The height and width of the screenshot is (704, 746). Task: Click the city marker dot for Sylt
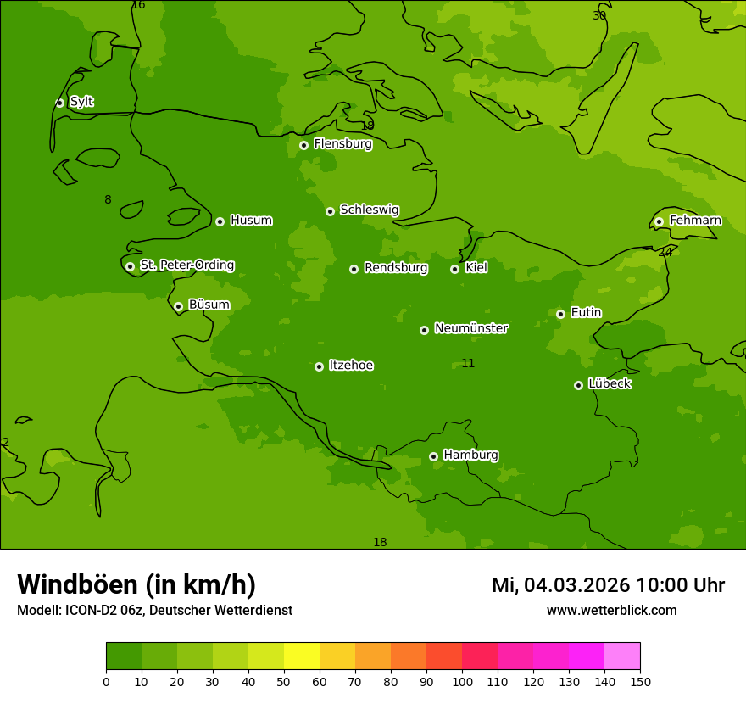pos(59,103)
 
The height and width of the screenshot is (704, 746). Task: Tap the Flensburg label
pos(342,144)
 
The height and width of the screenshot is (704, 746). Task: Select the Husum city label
pos(251,221)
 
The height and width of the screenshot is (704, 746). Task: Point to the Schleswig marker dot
pos(330,211)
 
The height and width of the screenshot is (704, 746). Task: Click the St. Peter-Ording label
pos(186,265)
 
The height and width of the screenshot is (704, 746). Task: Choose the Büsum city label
pos(209,305)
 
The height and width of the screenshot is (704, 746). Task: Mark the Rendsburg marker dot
pos(354,269)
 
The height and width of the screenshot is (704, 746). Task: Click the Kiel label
pos(476,268)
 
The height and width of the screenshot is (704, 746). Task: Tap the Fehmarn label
pos(695,221)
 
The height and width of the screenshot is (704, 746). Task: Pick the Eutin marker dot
pos(560,314)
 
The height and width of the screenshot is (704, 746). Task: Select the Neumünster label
pos(470,328)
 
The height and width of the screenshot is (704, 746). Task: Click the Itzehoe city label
pos(351,366)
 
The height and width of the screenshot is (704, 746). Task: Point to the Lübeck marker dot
pos(578,385)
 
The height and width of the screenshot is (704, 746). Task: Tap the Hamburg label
pos(470,455)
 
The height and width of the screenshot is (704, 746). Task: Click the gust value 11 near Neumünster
pos(468,363)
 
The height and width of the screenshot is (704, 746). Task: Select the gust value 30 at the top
pos(599,15)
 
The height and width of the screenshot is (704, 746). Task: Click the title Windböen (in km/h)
pos(136,584)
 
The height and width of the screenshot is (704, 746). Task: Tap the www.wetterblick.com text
pos(611,611)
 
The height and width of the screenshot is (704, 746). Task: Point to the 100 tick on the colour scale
pos(462,681)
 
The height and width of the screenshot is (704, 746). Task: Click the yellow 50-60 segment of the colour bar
pos(302,657)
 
